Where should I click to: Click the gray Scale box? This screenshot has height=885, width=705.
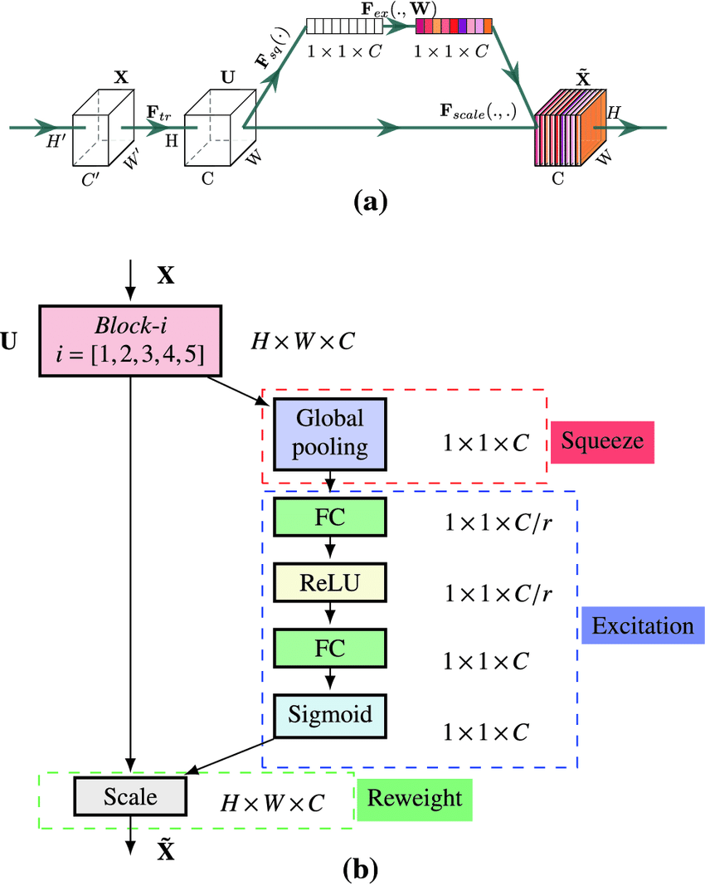(x=130, y=797)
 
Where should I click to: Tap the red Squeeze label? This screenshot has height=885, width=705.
(x=602, y=441)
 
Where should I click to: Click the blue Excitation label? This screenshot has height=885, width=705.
(x=643, y=625)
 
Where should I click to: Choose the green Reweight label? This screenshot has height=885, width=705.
(x=414, y=799)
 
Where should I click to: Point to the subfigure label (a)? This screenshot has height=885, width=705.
(x=370, y=202)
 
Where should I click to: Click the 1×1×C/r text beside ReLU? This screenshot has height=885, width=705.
(x=498, y=593)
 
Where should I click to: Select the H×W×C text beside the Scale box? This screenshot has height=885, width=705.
(x=271, y=803)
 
